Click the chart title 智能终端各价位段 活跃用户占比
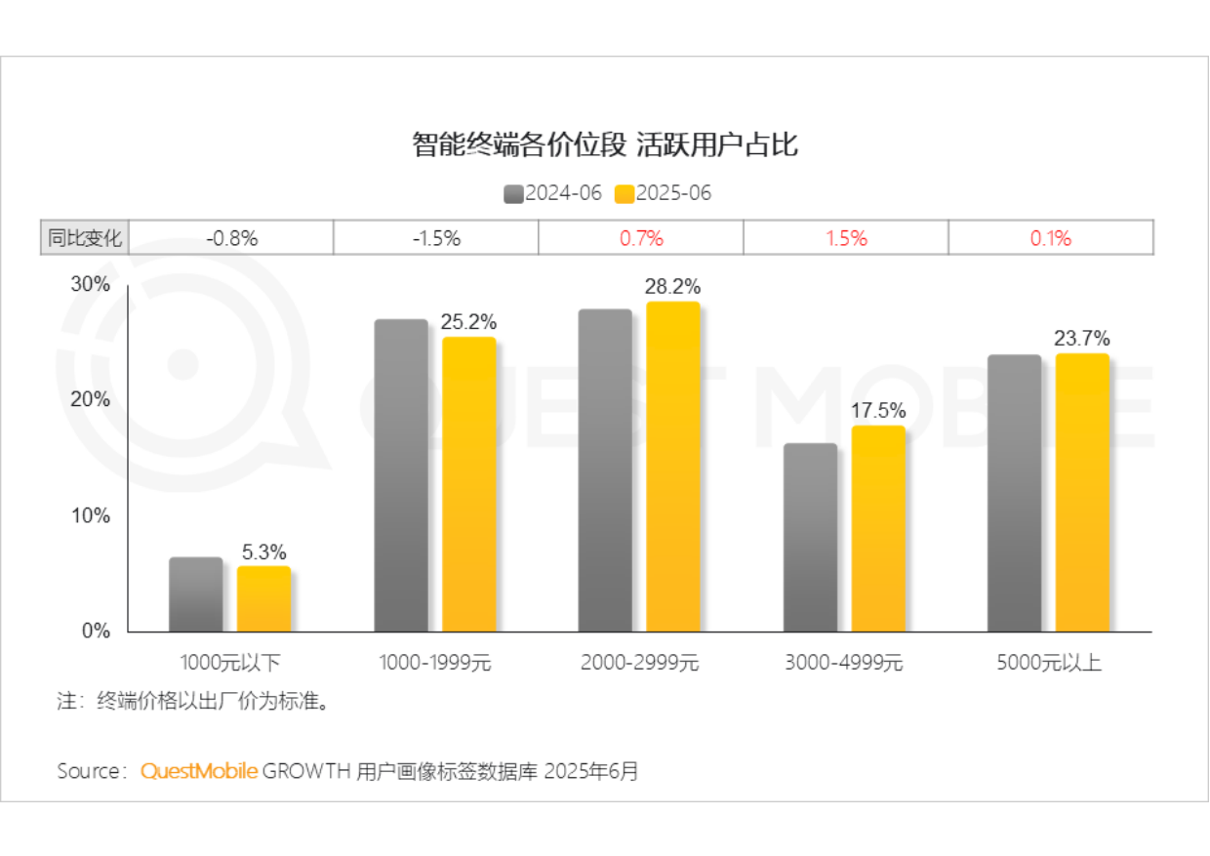(605, 145)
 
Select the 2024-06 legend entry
(553, 193)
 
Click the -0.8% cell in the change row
(231, 238)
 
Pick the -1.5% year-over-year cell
(435, 238)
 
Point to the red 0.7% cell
(641, 238)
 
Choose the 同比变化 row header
(85, 238)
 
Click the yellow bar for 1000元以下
(263, 599)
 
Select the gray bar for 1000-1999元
(401, 475)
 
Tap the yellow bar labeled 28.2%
(672, 467)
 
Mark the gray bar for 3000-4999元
(810, 538)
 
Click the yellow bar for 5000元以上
(1082, 493)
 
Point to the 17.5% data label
(877, 411)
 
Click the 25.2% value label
(468, 321)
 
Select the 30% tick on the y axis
(91, 284)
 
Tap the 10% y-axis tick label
(91, 515)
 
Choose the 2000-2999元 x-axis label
(639, 663)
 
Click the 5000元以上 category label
(1049, 663)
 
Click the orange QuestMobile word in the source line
(199, 771)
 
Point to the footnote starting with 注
(190, 702)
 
